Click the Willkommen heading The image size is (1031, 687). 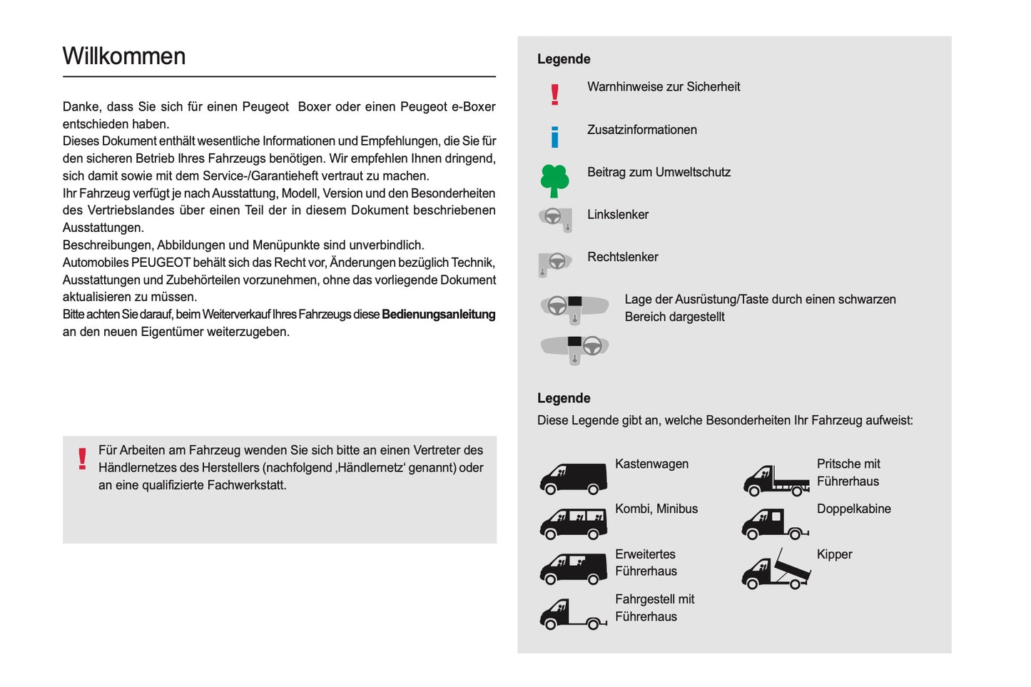point(124,56)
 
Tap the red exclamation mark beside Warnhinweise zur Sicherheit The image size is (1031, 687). point(554,94)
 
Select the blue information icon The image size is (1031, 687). point(554,136)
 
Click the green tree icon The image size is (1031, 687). point(554,180)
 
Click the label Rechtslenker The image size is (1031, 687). point(622,257)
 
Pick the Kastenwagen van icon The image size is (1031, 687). point(573,479)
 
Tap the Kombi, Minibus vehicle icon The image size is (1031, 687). point(573,524)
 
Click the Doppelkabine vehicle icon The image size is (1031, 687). point(774,524)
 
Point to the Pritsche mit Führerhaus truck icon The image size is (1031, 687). point(776,480)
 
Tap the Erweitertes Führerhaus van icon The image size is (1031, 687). point(573,569)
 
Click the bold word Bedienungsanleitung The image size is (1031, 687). point(438,315)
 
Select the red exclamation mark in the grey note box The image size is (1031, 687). point(82,459)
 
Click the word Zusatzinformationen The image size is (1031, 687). point(641,130)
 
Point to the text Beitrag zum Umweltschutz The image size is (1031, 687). point(659,173)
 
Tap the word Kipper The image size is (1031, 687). point(834,554)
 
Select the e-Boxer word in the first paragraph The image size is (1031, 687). point(473,107)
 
